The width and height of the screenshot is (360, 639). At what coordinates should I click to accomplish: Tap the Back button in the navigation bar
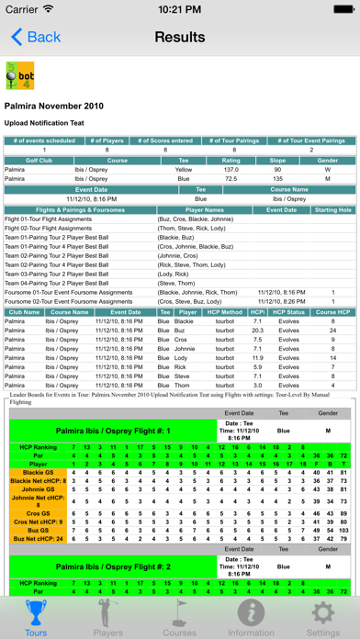[x=36, y=38]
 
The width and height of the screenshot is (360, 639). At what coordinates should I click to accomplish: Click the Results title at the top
[x=180, y=38]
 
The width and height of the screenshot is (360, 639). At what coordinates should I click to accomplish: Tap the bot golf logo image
[x=17, y=74]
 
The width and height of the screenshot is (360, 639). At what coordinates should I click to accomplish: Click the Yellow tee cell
[x=184, y=169]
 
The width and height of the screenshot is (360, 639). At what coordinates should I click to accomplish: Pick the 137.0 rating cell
[x=231, y=169]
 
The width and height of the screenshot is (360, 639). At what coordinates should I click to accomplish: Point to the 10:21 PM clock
[x=180, y=9]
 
